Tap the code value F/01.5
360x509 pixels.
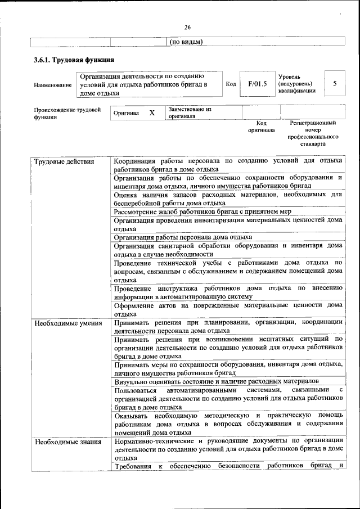coord(257,84)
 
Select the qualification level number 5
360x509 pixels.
coord(335,84)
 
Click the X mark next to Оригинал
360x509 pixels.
coord(152,113)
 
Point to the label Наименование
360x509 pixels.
coord(53,85)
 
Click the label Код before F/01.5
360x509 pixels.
coord(231,84)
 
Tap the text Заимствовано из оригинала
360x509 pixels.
coord(190,112)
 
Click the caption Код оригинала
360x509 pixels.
coord(261,126)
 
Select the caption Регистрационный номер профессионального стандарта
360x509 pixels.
coord(313,133)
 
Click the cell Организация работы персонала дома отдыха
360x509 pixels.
coord(183,237)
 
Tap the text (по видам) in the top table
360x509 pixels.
coord(186,41)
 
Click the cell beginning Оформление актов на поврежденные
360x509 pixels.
coord(228,309)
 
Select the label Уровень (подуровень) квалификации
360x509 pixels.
coord(296,84)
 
